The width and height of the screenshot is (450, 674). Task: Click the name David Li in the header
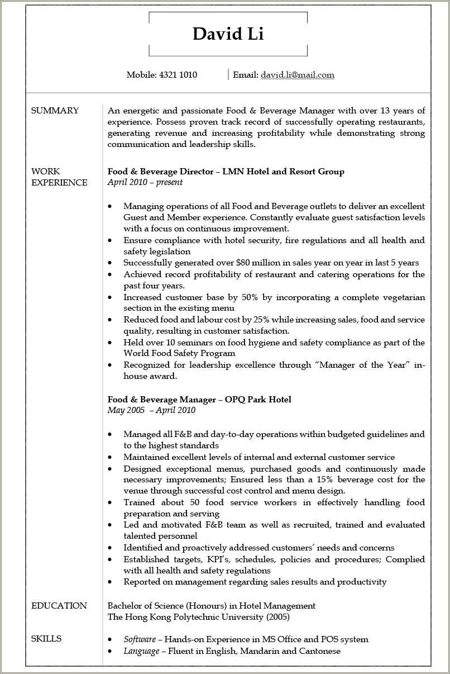(x=228, y=34)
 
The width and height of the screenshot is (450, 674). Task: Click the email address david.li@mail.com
(x=297, y=75)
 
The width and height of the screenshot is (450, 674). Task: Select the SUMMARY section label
(x=55, y=111)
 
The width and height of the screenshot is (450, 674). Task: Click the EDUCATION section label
(x=59, y=606)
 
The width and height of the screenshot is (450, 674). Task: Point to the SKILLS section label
(x=46, y=639)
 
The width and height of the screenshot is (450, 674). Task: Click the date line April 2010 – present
(x=145, y=182)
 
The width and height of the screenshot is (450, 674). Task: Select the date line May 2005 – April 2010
(x=151, y=410)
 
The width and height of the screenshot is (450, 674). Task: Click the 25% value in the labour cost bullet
(x=262, y=320)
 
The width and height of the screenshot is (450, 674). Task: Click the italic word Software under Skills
(x=140, y=639)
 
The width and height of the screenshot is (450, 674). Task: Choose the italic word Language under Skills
(x=141, y=651)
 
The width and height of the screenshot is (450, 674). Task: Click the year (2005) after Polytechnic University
(x=278, y=617)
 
